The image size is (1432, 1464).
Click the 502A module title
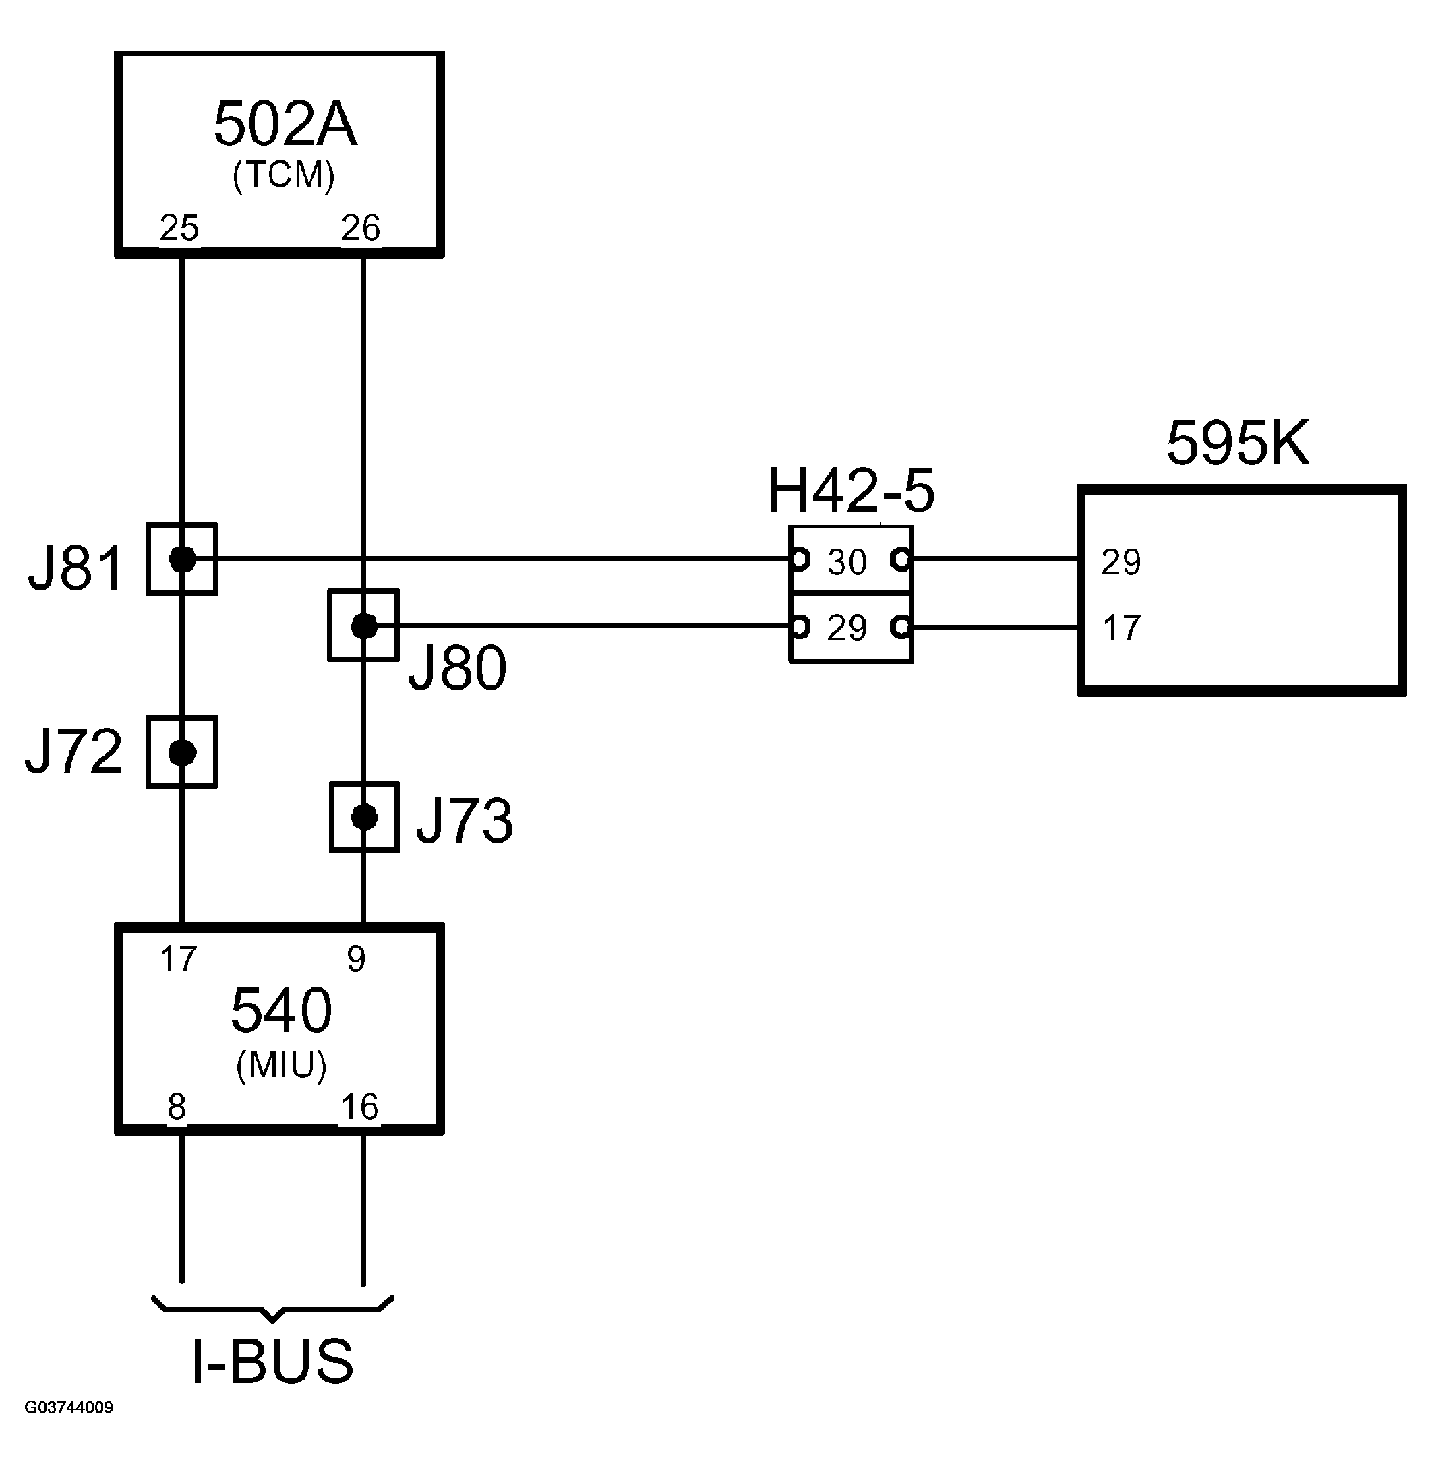click(285, 124)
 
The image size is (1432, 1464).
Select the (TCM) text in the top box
click(284, 175)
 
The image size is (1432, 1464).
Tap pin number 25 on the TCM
click(179, 228)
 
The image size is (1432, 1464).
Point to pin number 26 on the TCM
click(360, 228)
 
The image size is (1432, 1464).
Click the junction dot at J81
click(182, 559)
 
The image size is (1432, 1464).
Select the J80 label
click(457, 668)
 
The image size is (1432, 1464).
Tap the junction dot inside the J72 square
click(182, 752)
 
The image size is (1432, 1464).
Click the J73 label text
click(465, 820)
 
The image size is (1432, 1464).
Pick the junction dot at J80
click(364, 625)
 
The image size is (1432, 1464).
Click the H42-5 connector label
click(851, 491)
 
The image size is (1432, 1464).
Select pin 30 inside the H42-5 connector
click(847, 561)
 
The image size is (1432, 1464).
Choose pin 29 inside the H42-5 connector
click(847, 628)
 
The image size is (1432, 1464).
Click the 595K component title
click(1237, 444)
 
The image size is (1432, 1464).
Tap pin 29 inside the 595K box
click(1121, 562)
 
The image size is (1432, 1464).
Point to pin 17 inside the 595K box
click(1121, 628)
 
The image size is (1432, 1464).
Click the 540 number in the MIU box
click(281, 1010)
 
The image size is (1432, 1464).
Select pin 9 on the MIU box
click(356, 958)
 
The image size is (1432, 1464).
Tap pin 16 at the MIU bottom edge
click(359, 1107)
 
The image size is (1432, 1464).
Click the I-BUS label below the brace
click(272, 1360)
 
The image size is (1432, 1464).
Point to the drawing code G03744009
click(69, 1407)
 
